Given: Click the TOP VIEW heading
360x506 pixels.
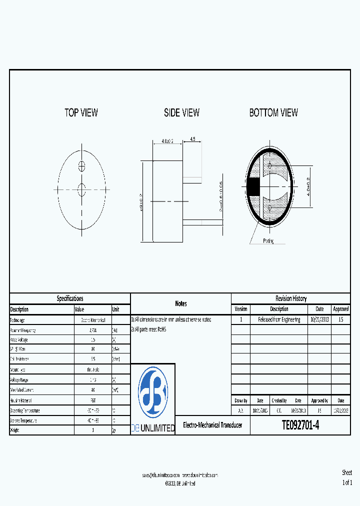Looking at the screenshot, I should pos(81,112).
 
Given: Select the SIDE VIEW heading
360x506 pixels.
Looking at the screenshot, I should pos(181,112).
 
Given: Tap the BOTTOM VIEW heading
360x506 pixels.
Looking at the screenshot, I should pos(273,112).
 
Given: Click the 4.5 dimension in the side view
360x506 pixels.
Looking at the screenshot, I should pos(192,139).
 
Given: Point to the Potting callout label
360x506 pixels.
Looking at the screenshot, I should pos(268,241).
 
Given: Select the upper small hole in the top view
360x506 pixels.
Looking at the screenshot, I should pos(82,165).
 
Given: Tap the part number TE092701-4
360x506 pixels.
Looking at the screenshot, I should pos(300,425).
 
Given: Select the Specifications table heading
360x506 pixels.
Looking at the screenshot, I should pos(70,298).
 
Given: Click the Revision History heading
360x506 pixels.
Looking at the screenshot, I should pos(290,298).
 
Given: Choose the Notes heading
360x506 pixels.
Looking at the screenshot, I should pos(180,303).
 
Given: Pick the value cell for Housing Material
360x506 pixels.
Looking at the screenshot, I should pos(92,400).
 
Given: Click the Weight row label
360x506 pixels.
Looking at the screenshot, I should pos(17,430).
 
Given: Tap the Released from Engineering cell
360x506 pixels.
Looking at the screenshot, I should pos(279,319).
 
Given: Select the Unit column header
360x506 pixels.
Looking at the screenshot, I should pos(116,309).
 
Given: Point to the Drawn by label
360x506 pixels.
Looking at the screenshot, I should pos(241,400).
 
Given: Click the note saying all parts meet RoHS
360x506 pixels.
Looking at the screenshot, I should pos(149,329).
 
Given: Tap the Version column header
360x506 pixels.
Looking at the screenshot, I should pos(240,309).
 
